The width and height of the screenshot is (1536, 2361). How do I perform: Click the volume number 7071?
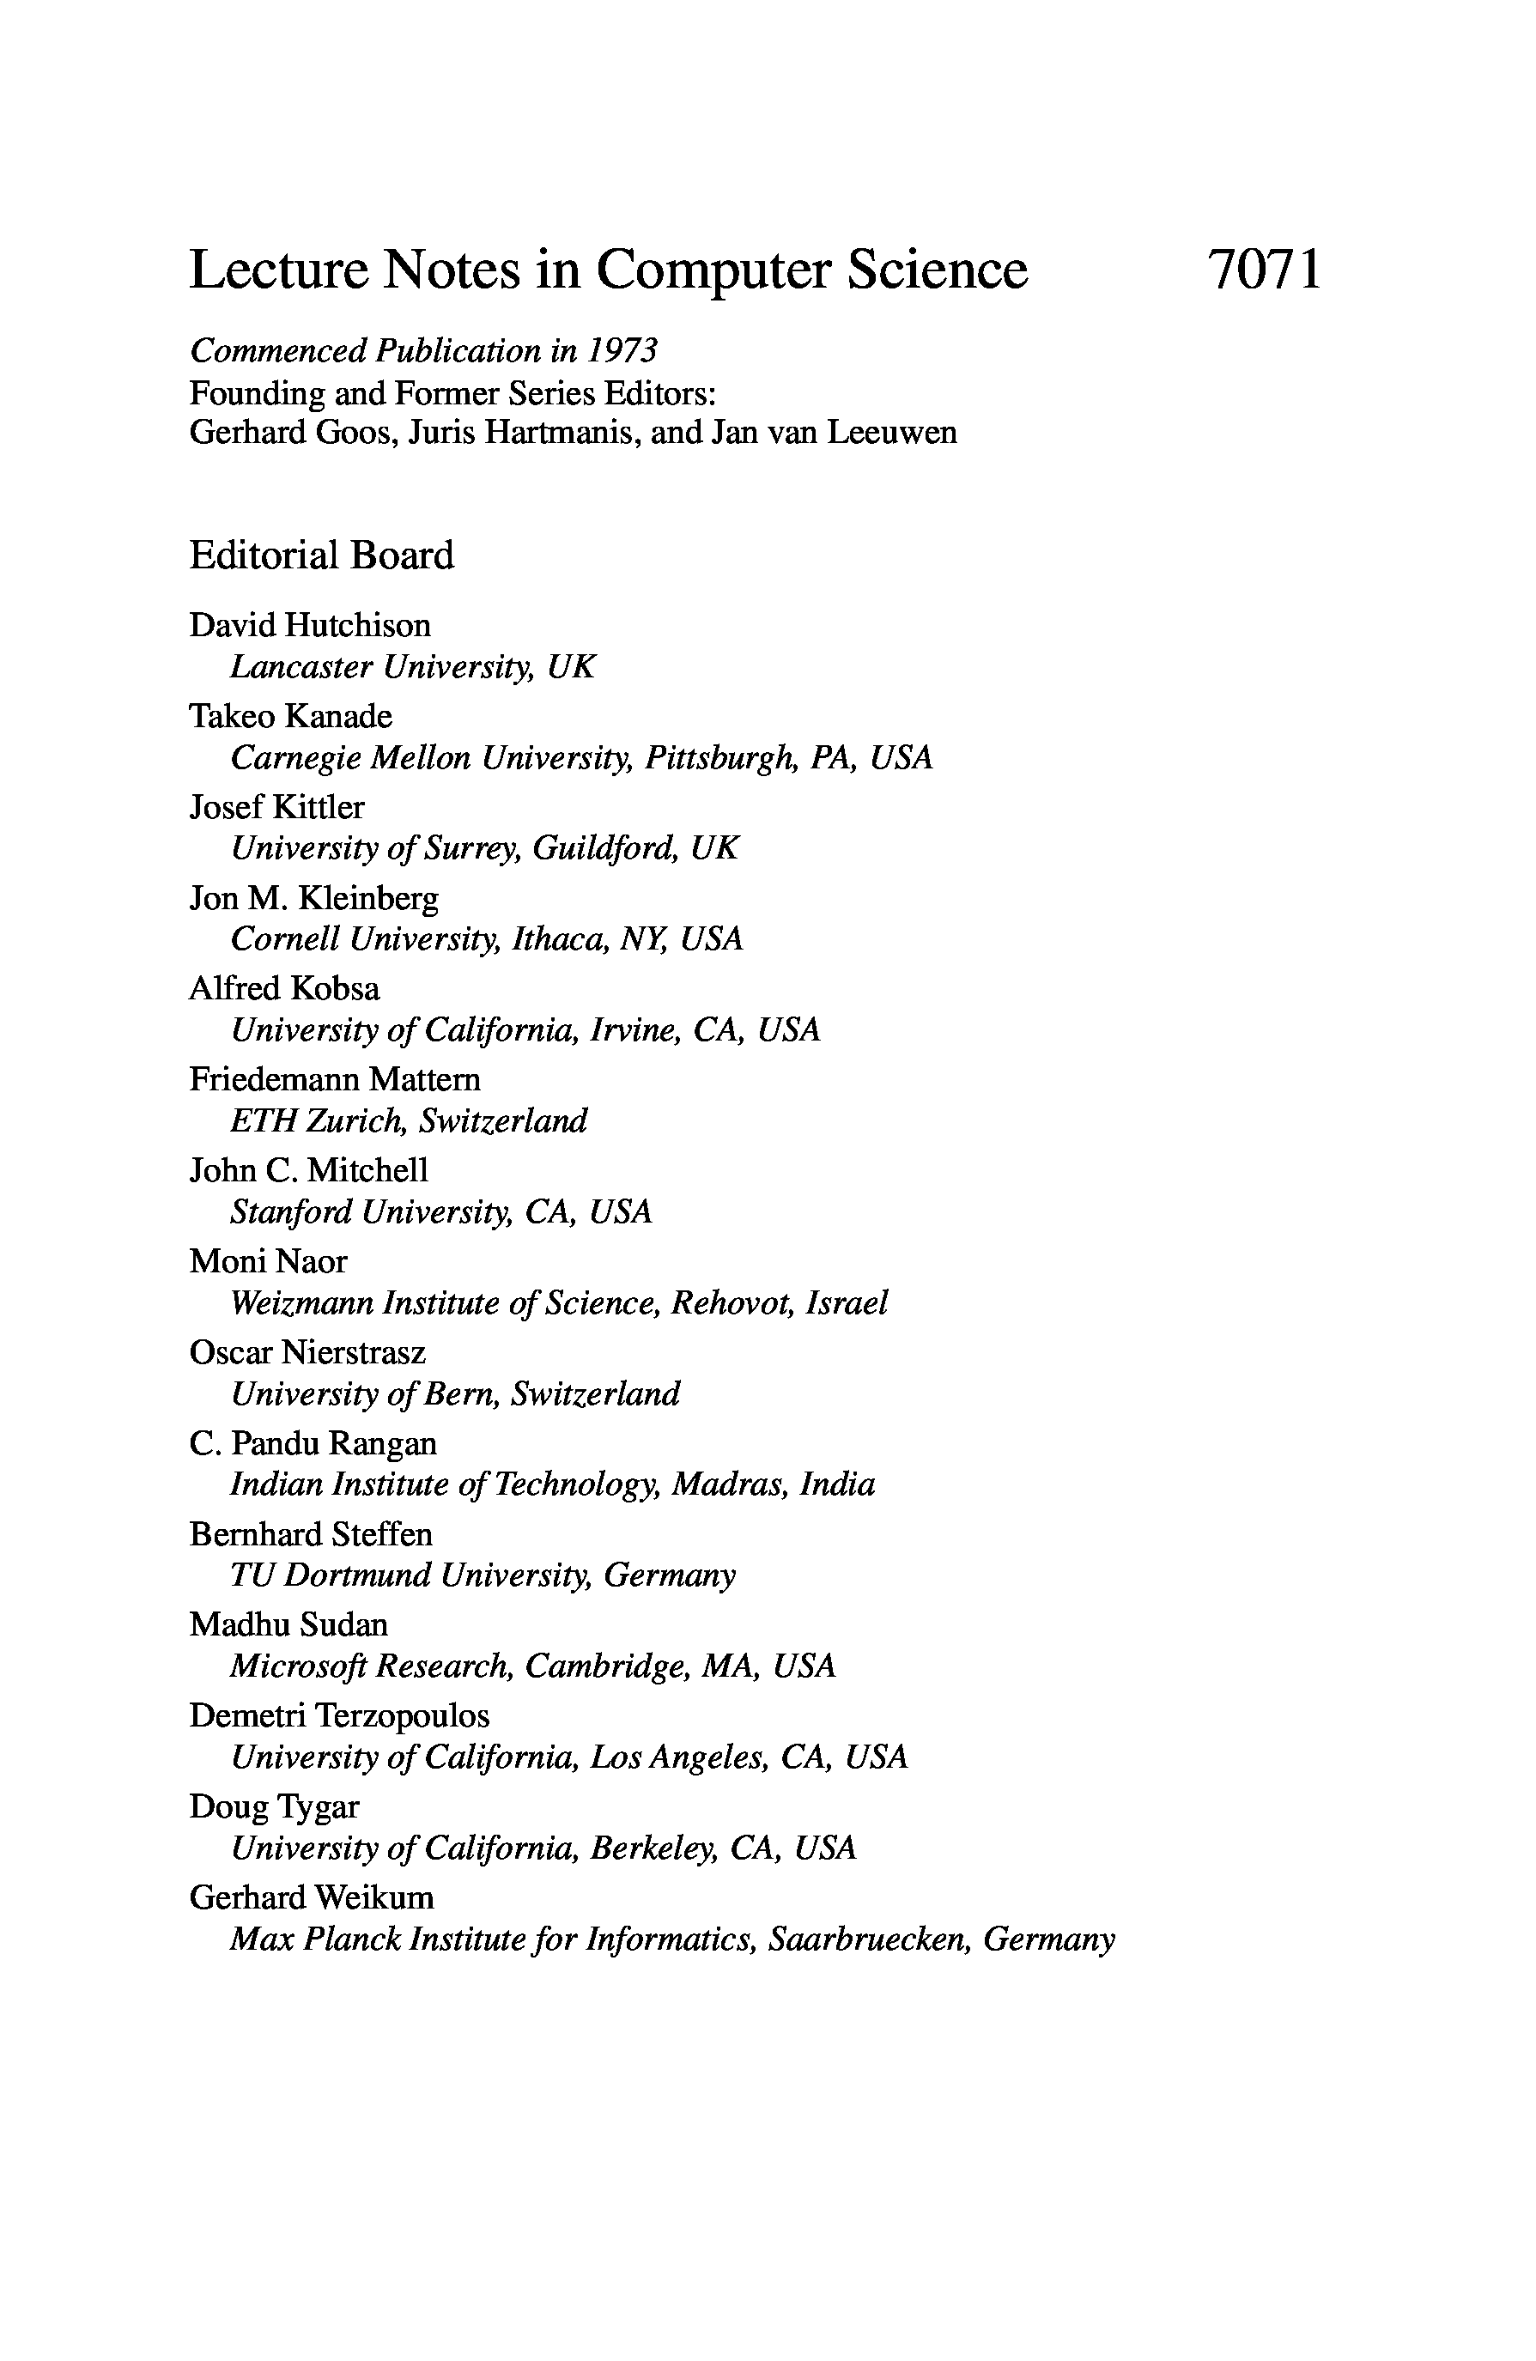(1264, 270)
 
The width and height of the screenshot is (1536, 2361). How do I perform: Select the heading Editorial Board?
(321, 555)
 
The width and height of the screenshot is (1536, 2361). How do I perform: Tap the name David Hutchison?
(310, 625)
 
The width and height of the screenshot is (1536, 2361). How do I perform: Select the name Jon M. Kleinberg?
(313, 898)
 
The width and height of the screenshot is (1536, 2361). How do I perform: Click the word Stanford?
(291, 1211)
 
